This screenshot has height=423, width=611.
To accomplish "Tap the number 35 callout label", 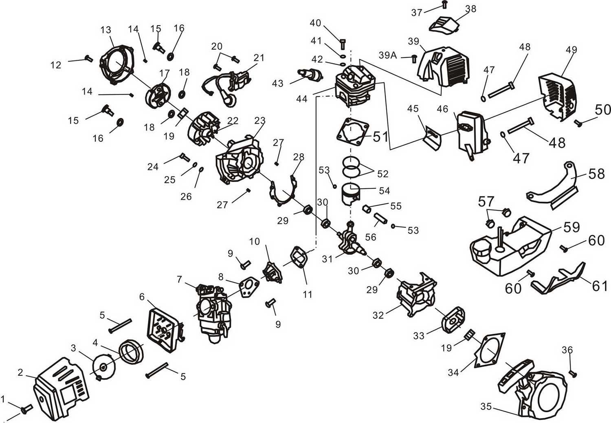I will click(x=486, y=406).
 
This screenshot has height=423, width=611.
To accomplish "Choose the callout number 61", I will click(x=600, y=286).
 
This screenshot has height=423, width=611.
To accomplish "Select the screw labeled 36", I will click(x=573, y=372).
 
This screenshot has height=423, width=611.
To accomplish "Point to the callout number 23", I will click(x=260, y=121).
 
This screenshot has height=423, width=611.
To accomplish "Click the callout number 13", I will click(x=105, y=30).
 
